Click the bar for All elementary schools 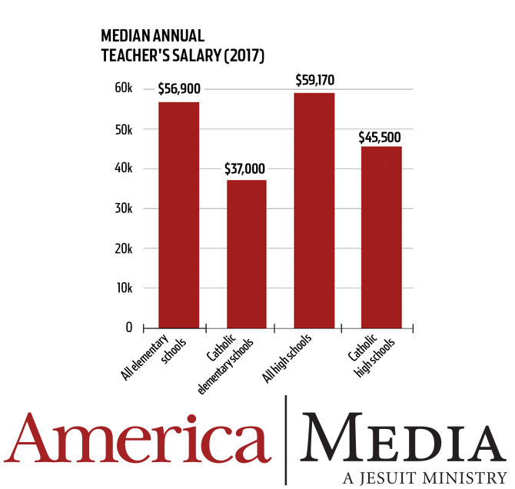tap(178, 215)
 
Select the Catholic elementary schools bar tap(247, 254)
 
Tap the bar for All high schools tap(314, 211)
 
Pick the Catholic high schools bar tap(381, 238)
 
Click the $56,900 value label tap(179, 88)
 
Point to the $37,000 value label tap(244, 168)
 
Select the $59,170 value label tap(315, 80)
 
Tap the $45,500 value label tap(380, 138)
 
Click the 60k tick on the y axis tap(124, 88)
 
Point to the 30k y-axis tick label tap(124, 208)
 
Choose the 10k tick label tap(125, 288)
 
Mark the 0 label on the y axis tap(129, 328)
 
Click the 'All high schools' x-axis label tap(287, 358)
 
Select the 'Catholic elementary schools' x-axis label tap(225, 364)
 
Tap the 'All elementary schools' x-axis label tap(154, 357)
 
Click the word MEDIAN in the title tap(125, 36)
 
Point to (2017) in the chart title tap(244, 55)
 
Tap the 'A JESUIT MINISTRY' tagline tap(425, 477)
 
